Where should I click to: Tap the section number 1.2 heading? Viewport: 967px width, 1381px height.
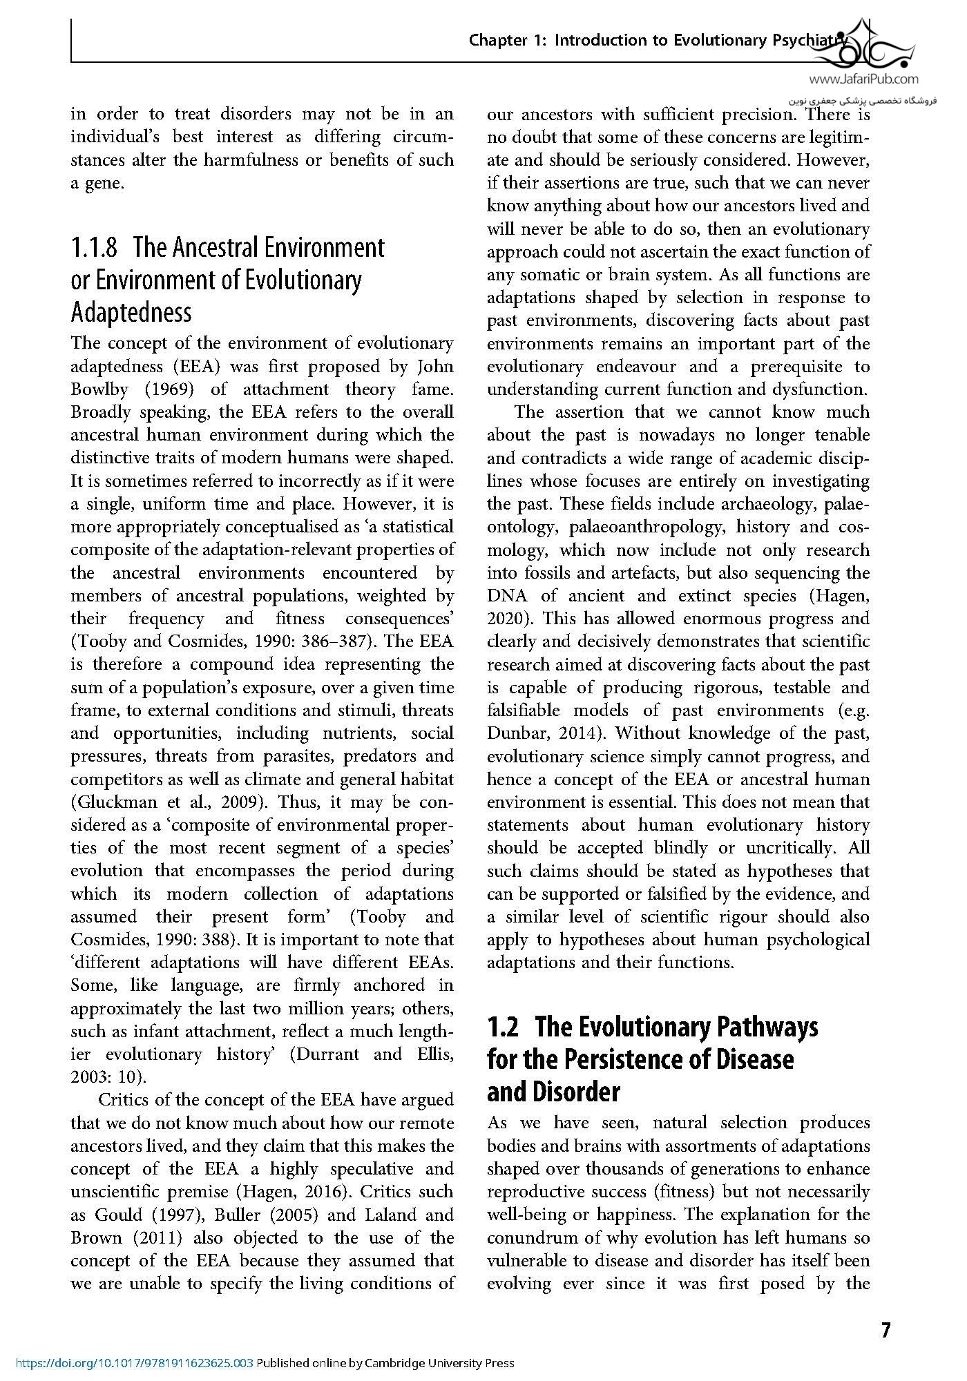tap(503, 1027)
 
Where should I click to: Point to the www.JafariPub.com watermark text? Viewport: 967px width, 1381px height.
tap(868, 80)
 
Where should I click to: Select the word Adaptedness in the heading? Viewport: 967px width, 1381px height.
tap(131, 313)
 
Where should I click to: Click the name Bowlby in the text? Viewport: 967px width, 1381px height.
tap(99, 389)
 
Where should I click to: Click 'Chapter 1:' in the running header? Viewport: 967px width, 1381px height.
tap(508, 40)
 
